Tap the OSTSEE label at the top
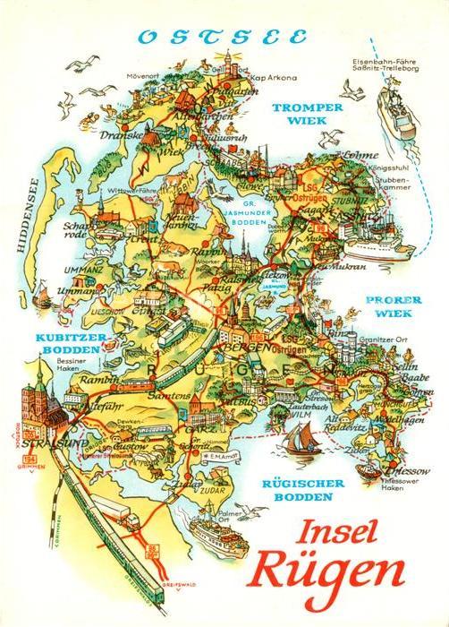[219, 38]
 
